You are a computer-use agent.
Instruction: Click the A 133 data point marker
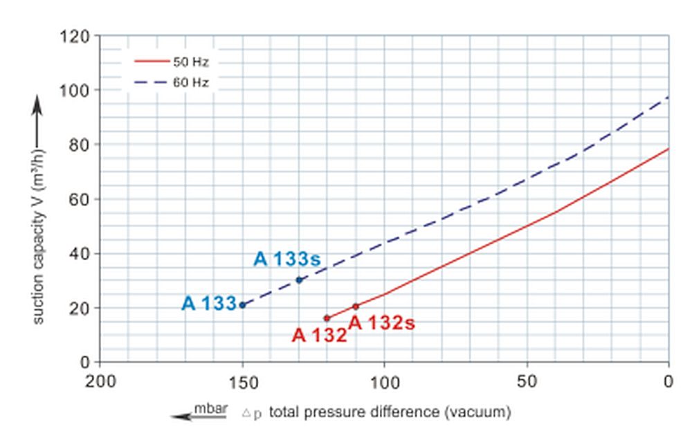click(242, 305)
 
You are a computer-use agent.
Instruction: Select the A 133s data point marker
click(299, 280)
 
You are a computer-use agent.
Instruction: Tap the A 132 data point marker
click(327, 318)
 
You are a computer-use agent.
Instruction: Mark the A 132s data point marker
click(356, 307)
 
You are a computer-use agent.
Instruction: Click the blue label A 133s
click(287, 260)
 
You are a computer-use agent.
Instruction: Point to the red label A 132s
click(381, 323)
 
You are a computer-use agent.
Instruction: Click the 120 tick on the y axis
click(75, 36)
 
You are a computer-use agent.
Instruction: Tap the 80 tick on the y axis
click(80, 145)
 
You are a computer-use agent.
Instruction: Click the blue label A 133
click(209, 304)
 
